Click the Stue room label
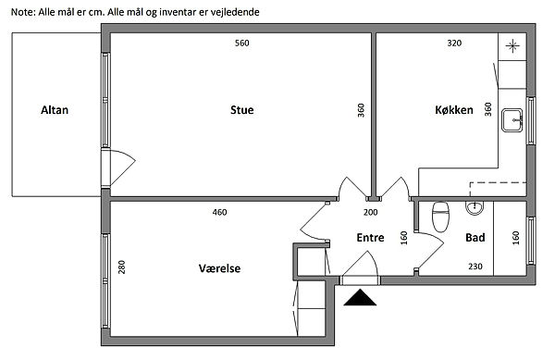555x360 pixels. click(x=241, y=110)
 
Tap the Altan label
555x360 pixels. click(x=55, y=110)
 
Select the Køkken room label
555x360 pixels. click(x=454, y=110)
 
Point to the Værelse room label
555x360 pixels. click(x=219, y=268)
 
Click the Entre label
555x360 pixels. click(x=370, y=237)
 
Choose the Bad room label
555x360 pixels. click(x=475, y=237)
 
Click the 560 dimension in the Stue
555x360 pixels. click(x=242, y=43)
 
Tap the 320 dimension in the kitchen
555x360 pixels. click(x=454, y=43)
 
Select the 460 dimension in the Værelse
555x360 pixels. click(x=219, y=212)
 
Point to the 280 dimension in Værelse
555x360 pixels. click(x=122, y=267)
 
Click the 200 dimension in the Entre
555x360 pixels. click(x=370, y=212)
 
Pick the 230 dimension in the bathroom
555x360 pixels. click(x=475, y=267)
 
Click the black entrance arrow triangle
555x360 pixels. click(x=360, y=299)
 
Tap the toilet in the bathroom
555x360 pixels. click(x=440, y=217)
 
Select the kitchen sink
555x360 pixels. click(x=512, y=120)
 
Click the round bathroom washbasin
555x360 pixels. click(x=475, y=207)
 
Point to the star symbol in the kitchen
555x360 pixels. click(x=512, y=46)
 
